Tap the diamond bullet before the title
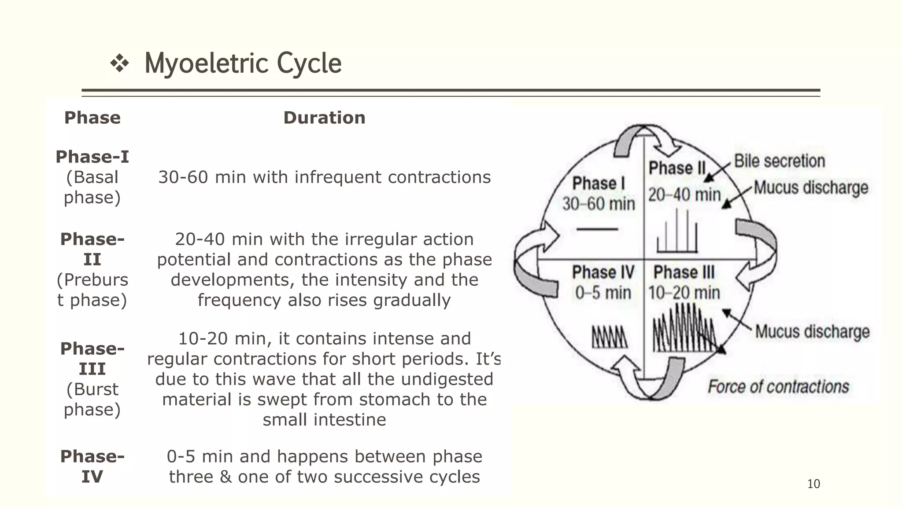(x=119, y=64)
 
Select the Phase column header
(x=92, y=118)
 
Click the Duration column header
(x=324, y=118)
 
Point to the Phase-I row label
(x=92, y=157)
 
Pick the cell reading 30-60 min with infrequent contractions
(x=324, y=177)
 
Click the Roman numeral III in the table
(x=92, y=369)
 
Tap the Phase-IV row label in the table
(x=92, y=467)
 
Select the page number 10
(x=813, y=484)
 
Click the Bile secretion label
(x=779, y=161)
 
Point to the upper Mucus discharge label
(x=811, y=188)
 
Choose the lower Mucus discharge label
(x=812, y=332)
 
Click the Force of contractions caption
(x=778, y=387)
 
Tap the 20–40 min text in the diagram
(x=684, y=195)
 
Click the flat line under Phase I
(x=597, y=229)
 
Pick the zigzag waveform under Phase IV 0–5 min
(x=610, y=337)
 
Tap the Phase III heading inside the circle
(x=684, y=272)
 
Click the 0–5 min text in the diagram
(x=603, y=293)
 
